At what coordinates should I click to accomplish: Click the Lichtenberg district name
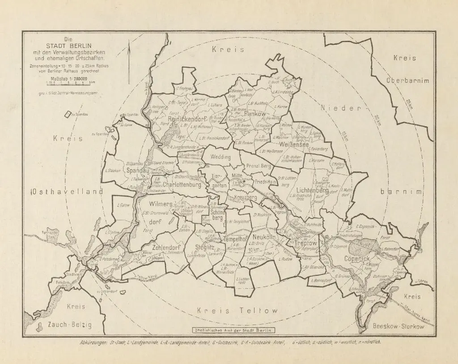point(313,191)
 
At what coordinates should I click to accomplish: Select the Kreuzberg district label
point(245,197)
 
